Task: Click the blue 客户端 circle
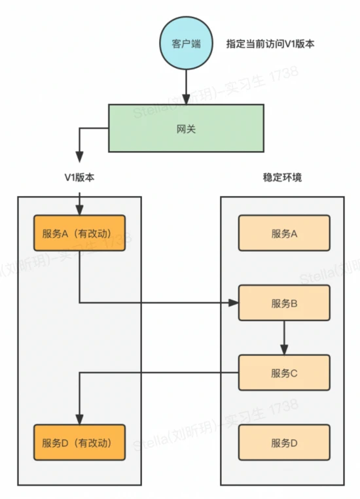186,43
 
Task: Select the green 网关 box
187,129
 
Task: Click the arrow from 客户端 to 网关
187,85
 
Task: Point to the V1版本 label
79,178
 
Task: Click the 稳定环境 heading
281,178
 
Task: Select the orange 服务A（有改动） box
79,233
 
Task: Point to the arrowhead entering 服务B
233,303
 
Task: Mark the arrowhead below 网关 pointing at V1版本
79,158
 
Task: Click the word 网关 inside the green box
187,129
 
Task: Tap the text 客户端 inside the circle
186,44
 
